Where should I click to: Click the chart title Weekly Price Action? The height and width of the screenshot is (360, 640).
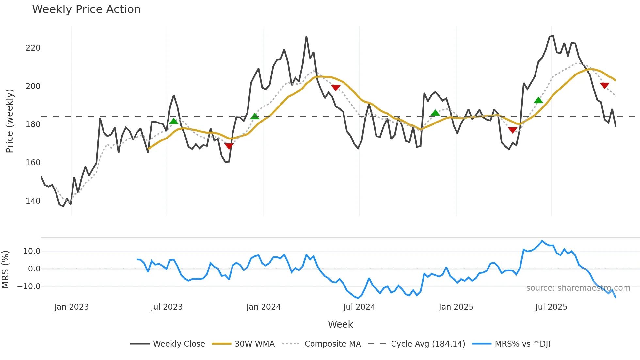[86, 9]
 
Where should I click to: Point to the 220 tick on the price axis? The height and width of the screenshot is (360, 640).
[33, 48]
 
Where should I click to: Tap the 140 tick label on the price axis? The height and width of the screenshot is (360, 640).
[33, 201]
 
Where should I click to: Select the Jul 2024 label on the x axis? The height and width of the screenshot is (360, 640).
[359, 307]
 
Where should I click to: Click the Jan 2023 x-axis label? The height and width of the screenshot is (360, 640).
[71, 307]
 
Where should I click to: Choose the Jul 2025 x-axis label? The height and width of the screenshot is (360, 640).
[551, 307]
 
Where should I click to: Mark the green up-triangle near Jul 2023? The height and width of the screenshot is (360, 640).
[174, 121]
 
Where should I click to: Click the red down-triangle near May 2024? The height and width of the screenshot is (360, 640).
[336, 88]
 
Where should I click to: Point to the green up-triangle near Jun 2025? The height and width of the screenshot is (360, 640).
[538, 100]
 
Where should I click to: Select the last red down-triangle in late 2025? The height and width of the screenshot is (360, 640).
[604, 86]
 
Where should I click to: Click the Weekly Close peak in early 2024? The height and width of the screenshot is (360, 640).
[306, 37]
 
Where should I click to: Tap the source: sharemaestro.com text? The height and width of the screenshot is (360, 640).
[578, 288]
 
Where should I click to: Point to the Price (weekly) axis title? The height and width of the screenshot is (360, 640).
[9, 121]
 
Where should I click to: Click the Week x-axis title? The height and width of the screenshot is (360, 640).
[340, 324]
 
